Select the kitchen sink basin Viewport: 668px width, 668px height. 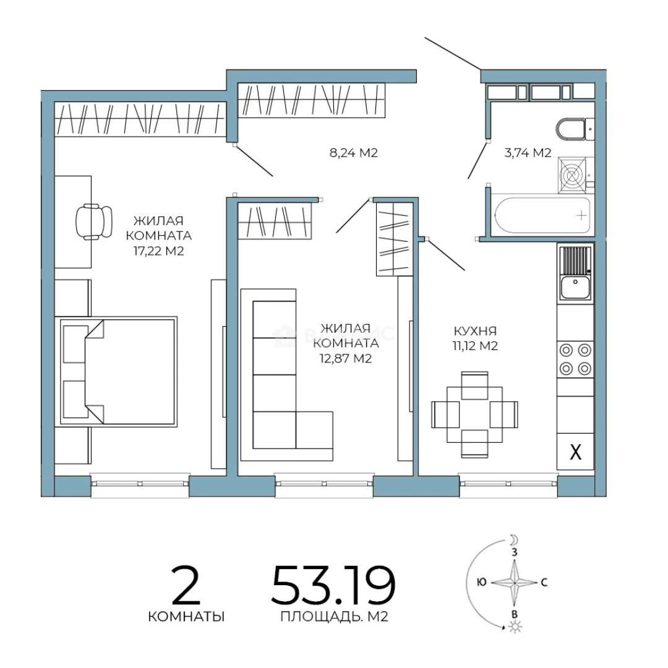[575, 287]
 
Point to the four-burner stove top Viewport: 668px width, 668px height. [575, 359]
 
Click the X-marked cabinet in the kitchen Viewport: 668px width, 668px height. [575, 452]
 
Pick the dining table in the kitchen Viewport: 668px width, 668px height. [474, 414]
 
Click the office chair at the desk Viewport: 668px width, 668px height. [94, 221]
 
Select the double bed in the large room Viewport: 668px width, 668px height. [118, 371]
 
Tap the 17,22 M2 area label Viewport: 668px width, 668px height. [158, 251]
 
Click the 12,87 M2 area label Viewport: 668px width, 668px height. [346, 359]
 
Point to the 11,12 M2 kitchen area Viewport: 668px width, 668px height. [475, 346]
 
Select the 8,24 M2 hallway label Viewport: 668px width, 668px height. [354, 153]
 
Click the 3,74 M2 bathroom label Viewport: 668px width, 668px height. [528, 153]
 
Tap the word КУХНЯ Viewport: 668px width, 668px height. [475, 331]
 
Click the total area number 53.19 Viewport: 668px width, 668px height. [333, 585]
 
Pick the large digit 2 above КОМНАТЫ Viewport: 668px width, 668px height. [186, 585]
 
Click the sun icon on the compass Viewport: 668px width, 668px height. [516, 626]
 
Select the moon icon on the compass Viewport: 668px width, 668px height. [514, 540]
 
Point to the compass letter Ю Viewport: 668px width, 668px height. [482, 582]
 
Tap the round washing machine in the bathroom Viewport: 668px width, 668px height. [572, 174]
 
